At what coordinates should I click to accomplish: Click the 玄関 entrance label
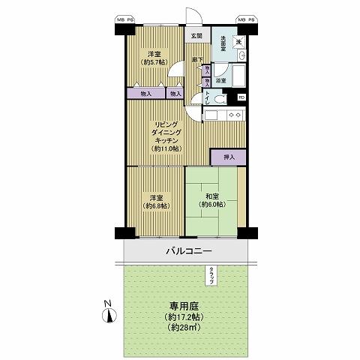tap(196, 35)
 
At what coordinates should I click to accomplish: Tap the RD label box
tap(241, 97)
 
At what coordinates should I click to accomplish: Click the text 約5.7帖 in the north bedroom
tap(155, 62)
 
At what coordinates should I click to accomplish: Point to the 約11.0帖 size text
tap(167, 148)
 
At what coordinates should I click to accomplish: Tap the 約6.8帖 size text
tap(155, 205)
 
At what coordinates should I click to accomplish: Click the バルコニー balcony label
tap(189, 251)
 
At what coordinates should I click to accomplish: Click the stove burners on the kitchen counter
tap(234, 115)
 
